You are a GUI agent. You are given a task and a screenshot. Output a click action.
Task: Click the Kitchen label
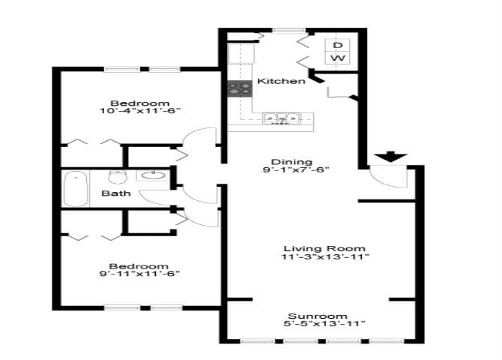281,81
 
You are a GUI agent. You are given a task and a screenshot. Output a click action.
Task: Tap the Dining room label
286,161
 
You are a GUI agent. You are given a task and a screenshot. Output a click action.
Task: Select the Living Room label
324,248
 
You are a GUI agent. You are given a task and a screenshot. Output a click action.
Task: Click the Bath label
116,193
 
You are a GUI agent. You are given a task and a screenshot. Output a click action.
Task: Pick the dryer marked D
338,45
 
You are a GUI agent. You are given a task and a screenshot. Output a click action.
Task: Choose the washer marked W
338,58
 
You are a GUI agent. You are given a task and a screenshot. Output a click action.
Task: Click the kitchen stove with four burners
240,88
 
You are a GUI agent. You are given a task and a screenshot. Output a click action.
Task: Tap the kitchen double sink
282,118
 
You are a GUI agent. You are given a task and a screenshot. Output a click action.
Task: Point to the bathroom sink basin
153,176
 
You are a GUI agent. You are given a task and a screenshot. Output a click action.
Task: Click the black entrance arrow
390,157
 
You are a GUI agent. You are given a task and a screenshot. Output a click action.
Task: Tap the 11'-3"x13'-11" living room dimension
324,257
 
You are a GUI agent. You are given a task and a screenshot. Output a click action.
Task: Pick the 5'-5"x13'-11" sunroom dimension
324,325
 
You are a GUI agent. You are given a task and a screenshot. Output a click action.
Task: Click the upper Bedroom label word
139,103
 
